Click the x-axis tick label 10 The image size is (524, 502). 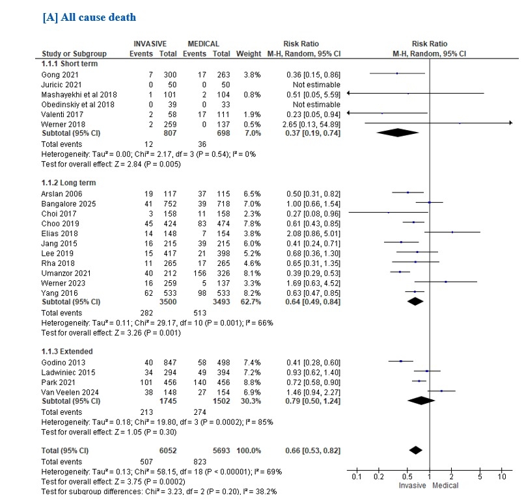[x=501, y=478]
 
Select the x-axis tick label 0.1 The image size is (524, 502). [x=357, y=478]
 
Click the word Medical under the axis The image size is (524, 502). [x=447, y=486]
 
